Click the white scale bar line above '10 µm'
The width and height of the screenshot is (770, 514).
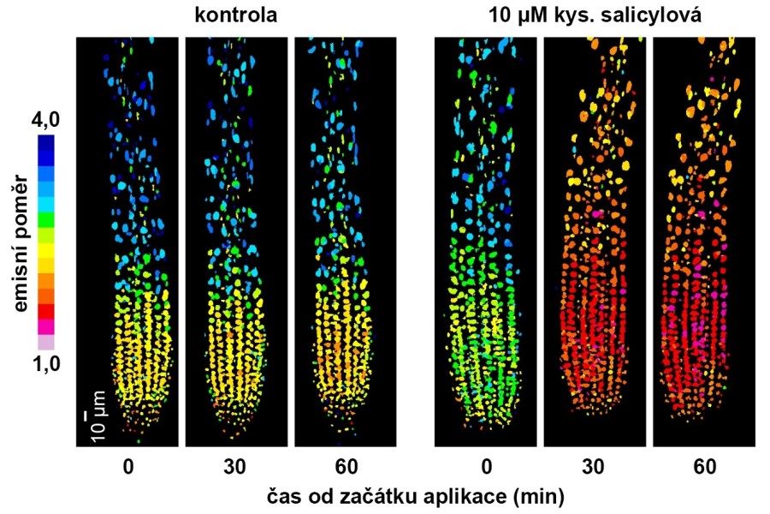[86, 415]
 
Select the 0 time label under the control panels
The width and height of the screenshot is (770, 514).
[127, 468]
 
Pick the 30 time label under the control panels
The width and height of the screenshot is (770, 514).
[236, 468]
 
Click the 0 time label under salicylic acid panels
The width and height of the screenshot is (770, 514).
[486, 468]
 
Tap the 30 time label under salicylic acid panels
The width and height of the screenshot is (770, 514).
[595, 468]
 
